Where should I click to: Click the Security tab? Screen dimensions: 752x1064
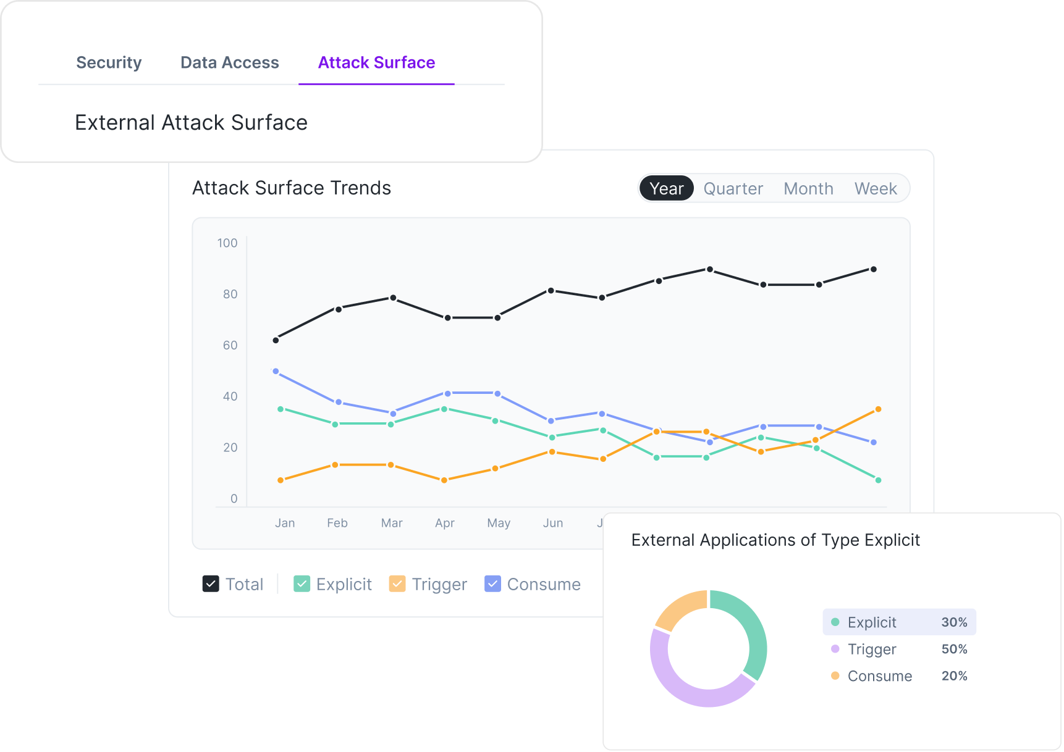tap(109, 62)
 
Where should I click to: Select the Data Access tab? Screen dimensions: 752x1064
tap(229, 62)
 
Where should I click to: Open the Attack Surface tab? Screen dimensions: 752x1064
tap(376, 62)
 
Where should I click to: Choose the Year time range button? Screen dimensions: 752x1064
tap(666, 188)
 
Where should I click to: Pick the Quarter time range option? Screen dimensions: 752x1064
tap(733, 188)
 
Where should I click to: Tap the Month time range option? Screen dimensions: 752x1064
tap(808, 188)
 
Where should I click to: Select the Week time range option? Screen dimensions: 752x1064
tap(875, 188)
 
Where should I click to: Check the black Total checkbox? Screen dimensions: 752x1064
tap(211, 583)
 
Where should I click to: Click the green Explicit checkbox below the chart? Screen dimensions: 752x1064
tap(302, 583)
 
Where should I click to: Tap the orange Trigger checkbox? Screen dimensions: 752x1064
tap(397, 583)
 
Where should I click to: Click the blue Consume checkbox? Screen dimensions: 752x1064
tap(492, 583)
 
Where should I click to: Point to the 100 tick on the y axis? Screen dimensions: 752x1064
tap(227, 243)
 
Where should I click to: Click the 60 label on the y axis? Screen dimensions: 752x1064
tap(230, 345)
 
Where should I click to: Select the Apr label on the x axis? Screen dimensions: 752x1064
tap(444, 523)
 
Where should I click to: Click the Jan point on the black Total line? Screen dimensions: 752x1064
tap(276, 340)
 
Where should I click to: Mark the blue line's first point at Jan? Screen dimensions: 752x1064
tap(276, 372)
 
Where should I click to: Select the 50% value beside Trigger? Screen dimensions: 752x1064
tap(954, 649)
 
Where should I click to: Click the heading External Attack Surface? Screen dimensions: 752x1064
tap(191, 122)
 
